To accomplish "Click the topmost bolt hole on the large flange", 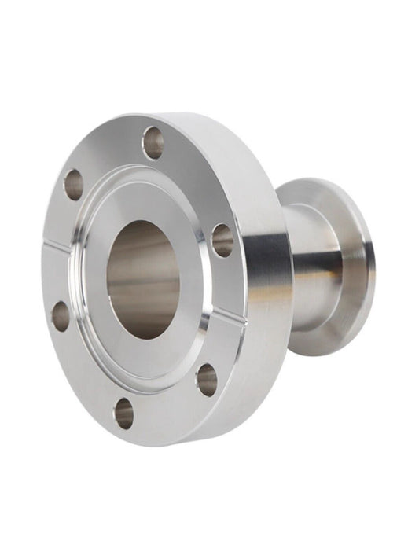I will (153, 142).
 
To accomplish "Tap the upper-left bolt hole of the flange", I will (74, 184).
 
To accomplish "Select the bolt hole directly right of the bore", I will (222, 241).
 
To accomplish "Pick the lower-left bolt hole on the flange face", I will (61, 316).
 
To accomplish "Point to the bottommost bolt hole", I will (123, 413).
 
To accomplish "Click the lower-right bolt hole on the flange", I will (207, 380).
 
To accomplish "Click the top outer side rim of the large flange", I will (212, 126).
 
